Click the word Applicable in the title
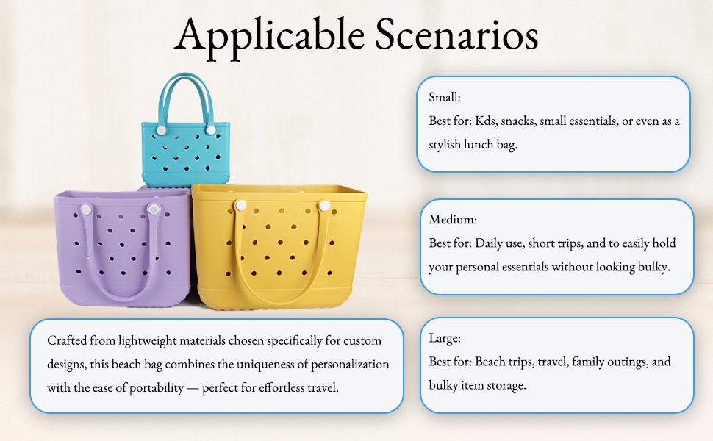coord(270,36)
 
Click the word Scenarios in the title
coord(457,35)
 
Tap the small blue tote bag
coord(185,131)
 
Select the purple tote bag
coord(122,248)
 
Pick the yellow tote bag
coord(279,247)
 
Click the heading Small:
coord(445,97)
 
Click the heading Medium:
coord(453,220)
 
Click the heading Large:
coord(445,339)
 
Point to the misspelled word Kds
coord(486,121)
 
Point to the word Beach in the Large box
coord(490,362)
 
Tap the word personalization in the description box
coord(350,365)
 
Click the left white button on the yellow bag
coord(241,206)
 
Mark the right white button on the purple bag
coord(154,209)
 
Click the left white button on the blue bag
coord(162,131)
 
